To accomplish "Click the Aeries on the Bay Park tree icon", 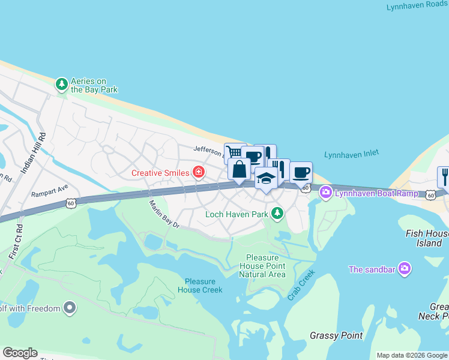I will point(62,85).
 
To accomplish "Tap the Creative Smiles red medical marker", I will point(199,173).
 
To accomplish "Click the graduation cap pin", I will point(265,178).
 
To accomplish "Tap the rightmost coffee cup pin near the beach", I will point(301,172).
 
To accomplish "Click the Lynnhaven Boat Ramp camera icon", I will point(326,193).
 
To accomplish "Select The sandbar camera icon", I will point(405,269).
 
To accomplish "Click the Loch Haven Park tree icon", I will point(277,214).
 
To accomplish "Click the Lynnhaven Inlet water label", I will point(351,154).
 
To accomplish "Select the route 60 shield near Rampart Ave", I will point(71,203).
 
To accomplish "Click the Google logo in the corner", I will point(20,353).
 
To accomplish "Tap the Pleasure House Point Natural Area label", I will point(262,266).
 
